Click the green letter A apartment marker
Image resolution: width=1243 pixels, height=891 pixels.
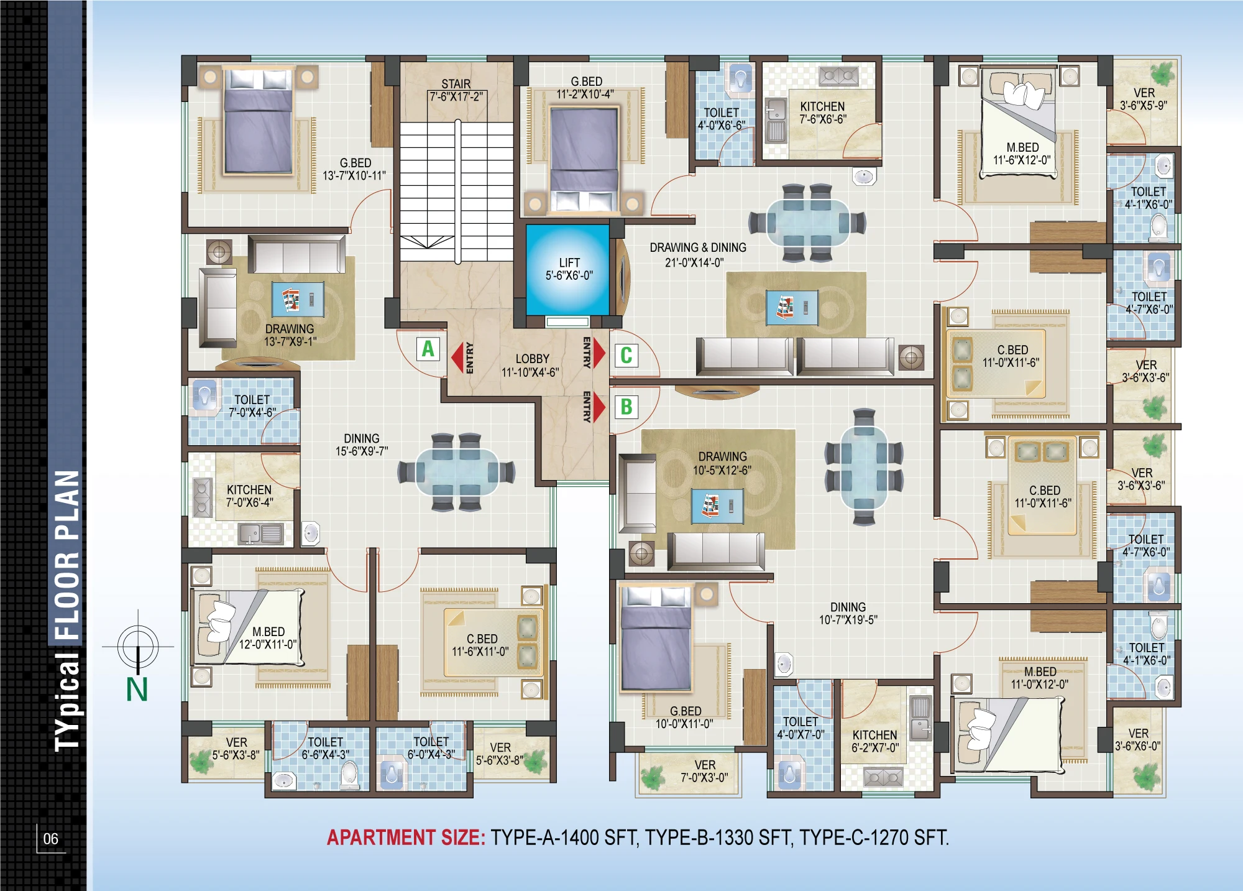click(x=428, y=349)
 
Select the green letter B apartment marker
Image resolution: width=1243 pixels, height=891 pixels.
click(x=626, y=407)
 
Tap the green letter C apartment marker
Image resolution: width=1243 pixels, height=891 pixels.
click(x=626, y=355)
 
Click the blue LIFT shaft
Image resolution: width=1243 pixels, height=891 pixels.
click(x=568, y=269)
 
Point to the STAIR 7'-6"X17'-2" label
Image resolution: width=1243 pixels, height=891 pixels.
click(x=456, y=90)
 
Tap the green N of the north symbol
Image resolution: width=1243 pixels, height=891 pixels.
click(x=137, y=690)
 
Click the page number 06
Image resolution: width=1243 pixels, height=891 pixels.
click(x=50, y=839)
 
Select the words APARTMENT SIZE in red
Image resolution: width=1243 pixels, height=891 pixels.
click(x=406, y=838)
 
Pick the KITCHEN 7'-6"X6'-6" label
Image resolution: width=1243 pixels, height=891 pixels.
click(x=822, y=113)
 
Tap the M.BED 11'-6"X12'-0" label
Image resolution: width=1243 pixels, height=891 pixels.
click(x=1022, y=154)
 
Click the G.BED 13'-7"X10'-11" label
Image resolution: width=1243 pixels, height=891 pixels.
click(x=354, y=169)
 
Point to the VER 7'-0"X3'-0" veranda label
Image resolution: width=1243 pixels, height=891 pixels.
click(x=705, y=771)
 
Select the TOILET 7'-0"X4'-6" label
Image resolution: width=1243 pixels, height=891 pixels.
click(x=252, y=406)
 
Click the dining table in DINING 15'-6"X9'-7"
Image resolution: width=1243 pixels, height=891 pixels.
click(x=457, y=472)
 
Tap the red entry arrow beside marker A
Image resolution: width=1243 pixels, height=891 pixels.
click(x=457, y=358)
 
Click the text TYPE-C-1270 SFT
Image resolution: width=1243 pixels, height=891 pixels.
click(x=874, y=838)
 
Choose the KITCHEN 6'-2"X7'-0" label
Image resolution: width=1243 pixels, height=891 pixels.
click(x=875, y=741)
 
